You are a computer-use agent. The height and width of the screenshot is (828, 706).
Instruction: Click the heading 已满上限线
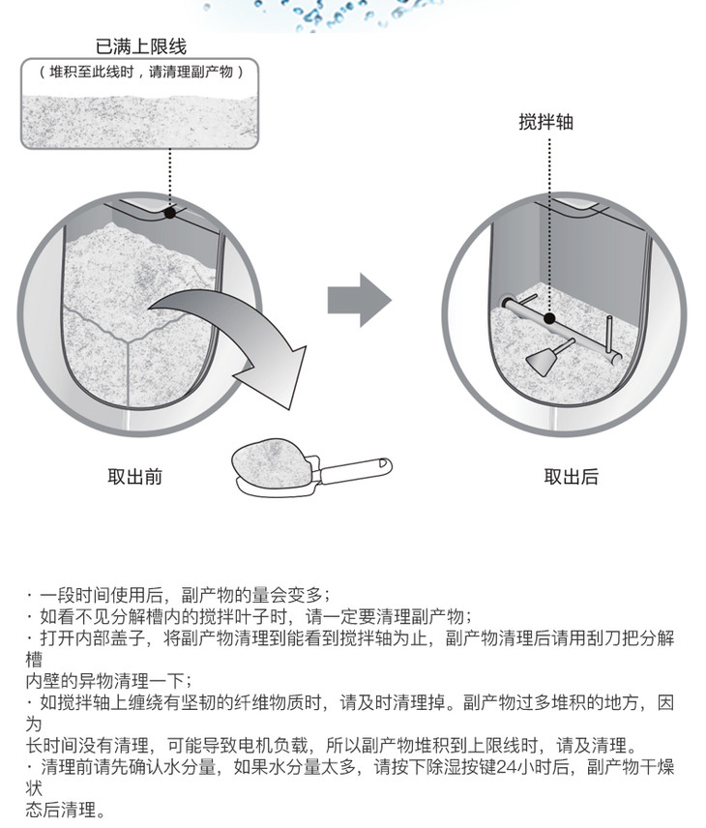(x=141, y=46)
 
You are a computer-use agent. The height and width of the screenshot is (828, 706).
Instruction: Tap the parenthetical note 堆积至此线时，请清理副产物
(x=141, y=71)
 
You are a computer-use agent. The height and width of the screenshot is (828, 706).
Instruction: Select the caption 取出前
(x=134, y=476)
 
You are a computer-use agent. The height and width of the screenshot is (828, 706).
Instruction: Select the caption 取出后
(x=571, y=476)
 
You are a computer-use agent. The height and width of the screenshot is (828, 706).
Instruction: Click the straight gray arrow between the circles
(x=358, y=300)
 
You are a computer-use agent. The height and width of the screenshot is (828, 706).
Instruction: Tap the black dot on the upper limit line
(x=170, y=212)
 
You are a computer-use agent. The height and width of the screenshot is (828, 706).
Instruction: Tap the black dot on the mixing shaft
(x=548, y=317)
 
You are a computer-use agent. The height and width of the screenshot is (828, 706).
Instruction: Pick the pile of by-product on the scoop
(x=276, y=455)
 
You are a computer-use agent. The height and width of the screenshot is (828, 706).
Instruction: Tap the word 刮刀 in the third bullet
(x=587, y=638)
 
